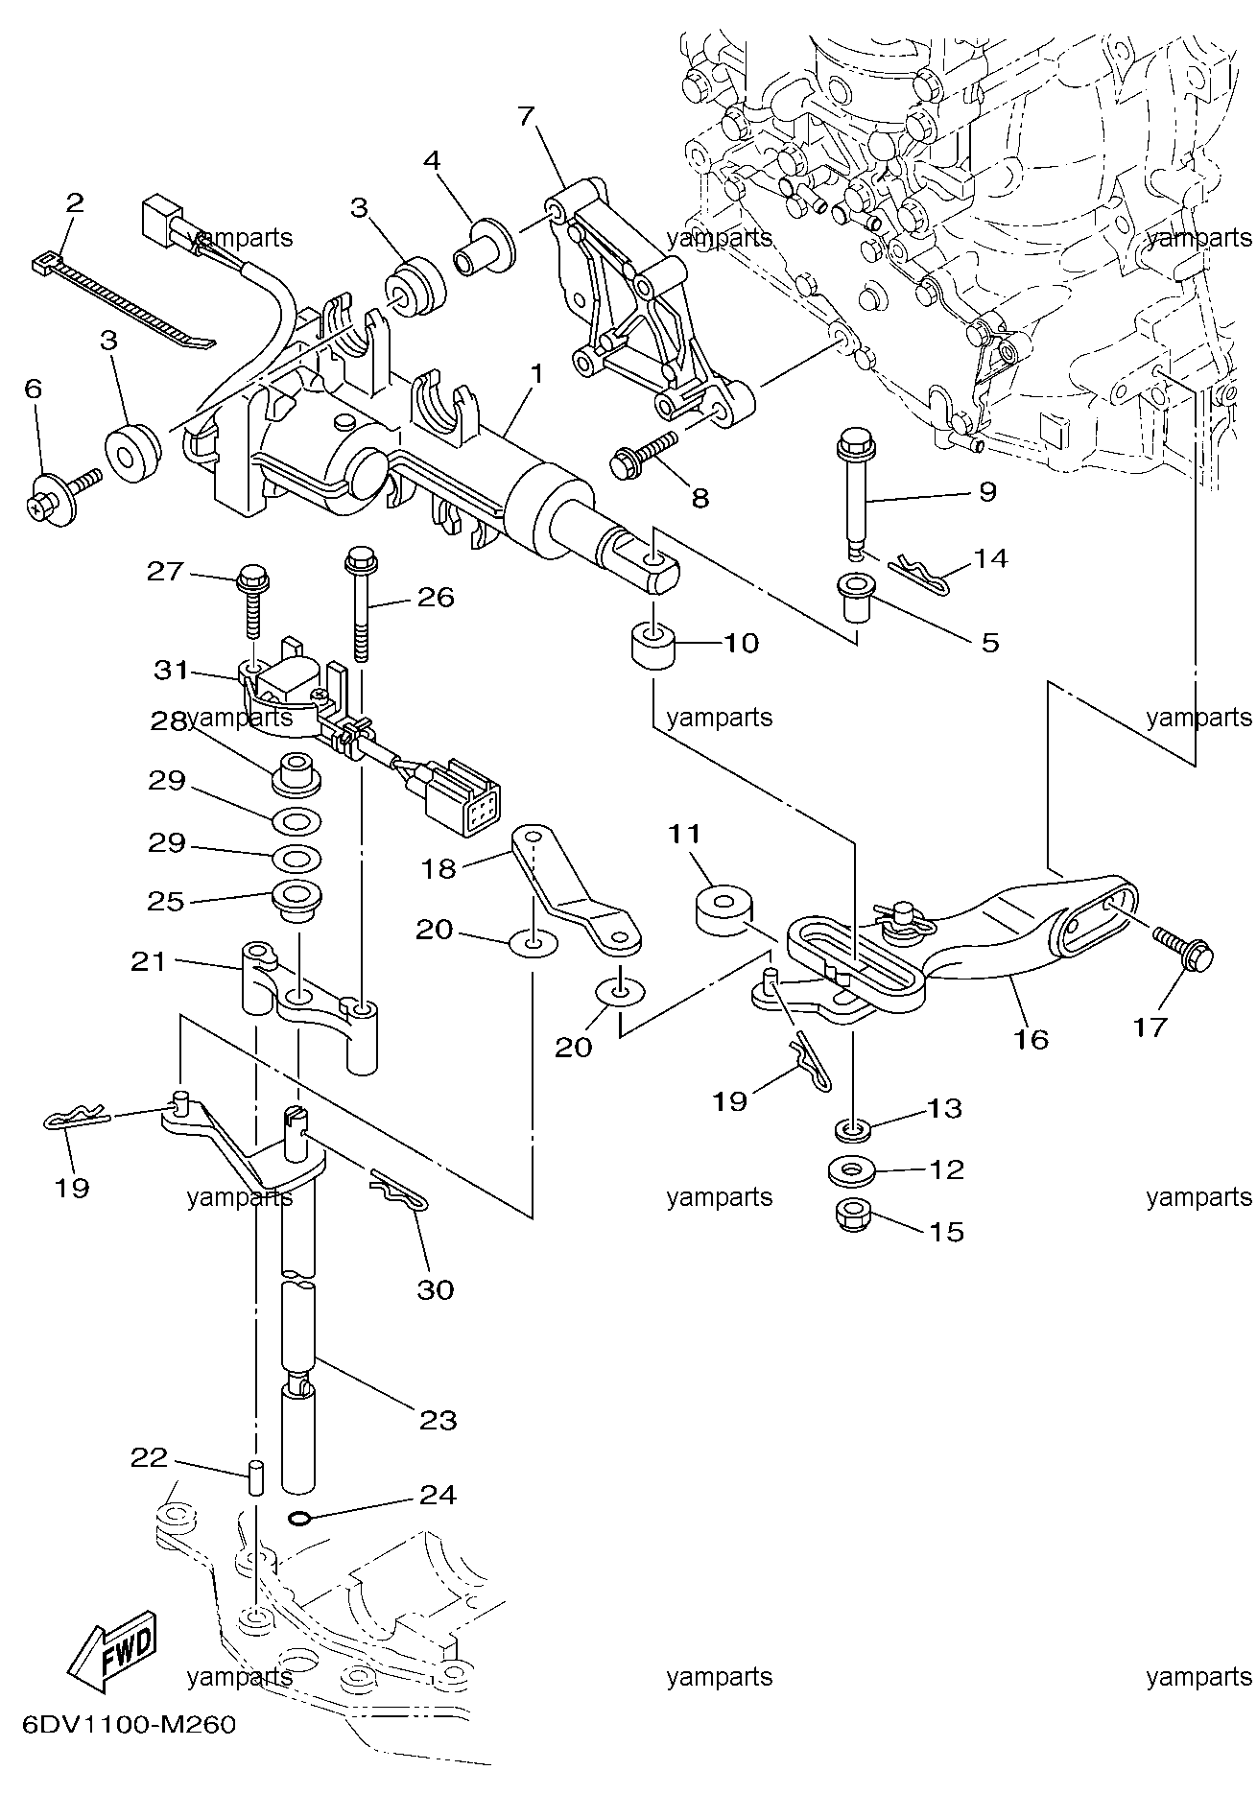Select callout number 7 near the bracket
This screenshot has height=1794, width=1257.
(x=525, y=116)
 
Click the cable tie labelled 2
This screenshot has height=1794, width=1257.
(x=125, y=299)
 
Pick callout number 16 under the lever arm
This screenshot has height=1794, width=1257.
(x=1032, y=1038)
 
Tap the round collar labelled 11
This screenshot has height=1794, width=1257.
(x=723, y=912)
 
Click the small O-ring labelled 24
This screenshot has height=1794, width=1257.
(x=300, y=1518)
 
